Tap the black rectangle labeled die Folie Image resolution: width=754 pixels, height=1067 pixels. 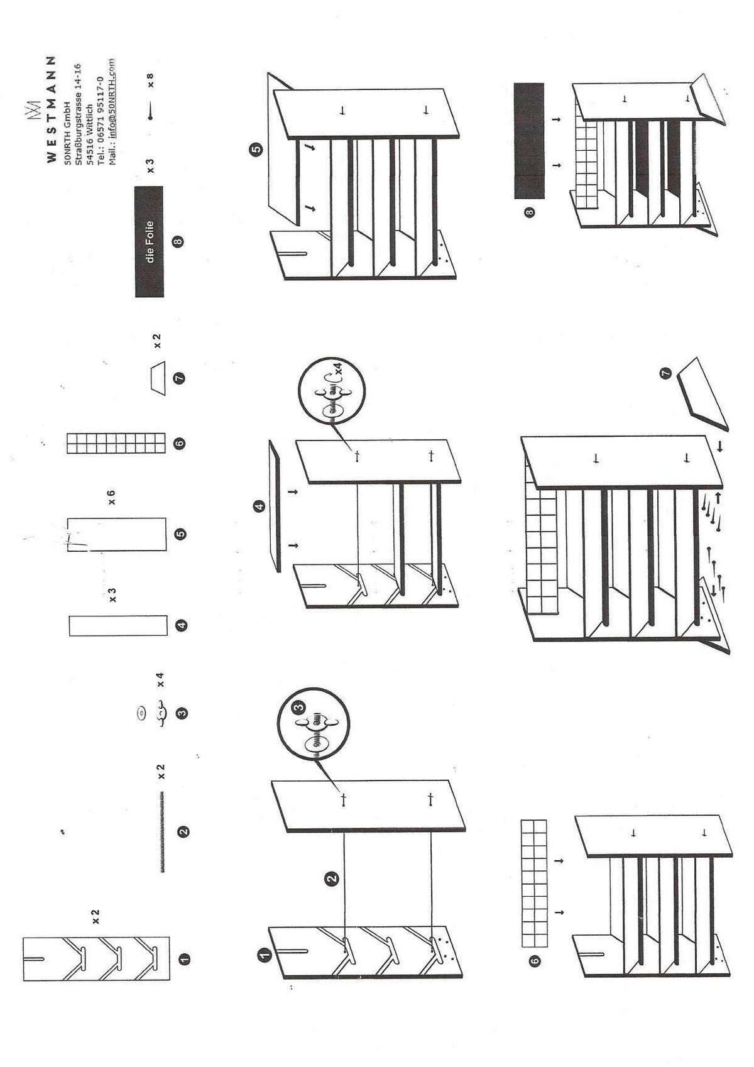pyautogui.click(x=149, y=241)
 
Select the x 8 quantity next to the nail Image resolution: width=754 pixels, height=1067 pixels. pyautogui.click(x=150, y=80)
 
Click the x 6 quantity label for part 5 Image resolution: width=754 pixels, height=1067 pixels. pyautogui.click(x=112, y=498)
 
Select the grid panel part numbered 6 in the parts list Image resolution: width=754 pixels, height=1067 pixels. pyautogui.click(x=116, y=443)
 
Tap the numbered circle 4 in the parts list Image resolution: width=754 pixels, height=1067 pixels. pyautogui.click(x=181, y=625)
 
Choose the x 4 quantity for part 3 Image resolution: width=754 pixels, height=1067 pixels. pyautogui.click(x=161, y=679)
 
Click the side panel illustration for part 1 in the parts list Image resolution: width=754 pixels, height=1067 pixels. pyautogui.click(x=96, y=958)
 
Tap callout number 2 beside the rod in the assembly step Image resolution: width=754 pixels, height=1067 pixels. pyautogui.click(x=331, y=878)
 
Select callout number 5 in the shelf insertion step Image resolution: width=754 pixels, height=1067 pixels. pyautogui.click(x=256, y=150)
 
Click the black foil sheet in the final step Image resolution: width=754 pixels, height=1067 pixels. pyautogui.click(x=529, y=141)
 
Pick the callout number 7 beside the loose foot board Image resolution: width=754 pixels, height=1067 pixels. pyautogui.click(x=665, y=373)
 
